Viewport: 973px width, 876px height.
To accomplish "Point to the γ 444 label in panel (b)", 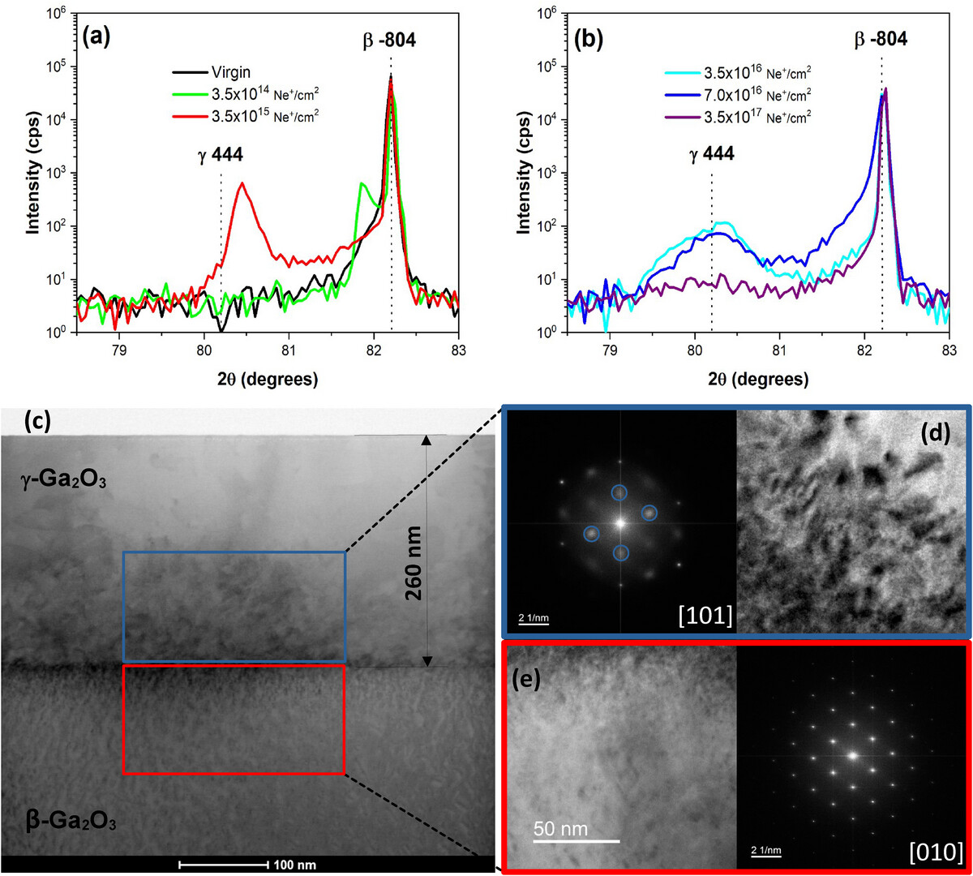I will [712, 152].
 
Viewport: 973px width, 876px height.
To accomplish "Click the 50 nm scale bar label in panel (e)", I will [566, 829].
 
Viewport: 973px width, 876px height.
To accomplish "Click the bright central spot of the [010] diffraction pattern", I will [852, 755].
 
